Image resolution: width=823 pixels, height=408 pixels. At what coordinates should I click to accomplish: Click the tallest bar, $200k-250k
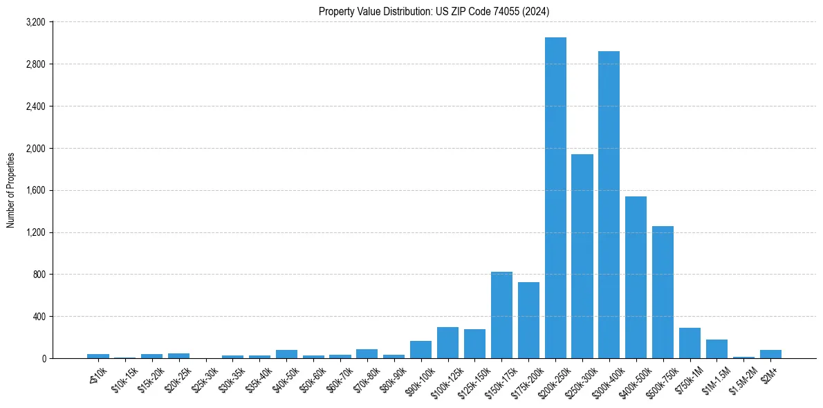(x=555, y=198)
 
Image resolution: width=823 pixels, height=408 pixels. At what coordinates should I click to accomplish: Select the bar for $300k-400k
(x=609, y=205)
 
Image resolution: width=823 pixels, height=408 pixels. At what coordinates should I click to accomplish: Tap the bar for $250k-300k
(x=582, y=256)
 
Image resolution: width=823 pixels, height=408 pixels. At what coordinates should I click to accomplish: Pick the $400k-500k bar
(x=636, y=277)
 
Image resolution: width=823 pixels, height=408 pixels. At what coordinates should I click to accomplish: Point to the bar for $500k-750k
(x=663, y=292)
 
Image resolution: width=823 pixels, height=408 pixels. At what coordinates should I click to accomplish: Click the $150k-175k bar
(x=501, y=315)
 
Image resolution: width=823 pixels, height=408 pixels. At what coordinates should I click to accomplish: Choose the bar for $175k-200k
(x=528, y=320)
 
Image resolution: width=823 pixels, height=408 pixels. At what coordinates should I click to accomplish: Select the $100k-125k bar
(x=447, y=343)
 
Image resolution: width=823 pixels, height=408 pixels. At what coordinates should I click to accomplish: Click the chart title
(x=434, y=11)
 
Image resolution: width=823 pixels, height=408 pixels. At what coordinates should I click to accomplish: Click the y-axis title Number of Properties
(x=11, y=190)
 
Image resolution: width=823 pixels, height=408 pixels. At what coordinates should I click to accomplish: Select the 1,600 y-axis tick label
(x=35, y=190)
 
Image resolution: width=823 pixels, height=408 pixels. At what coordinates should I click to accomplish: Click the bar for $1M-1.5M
(x=716, y=349)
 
